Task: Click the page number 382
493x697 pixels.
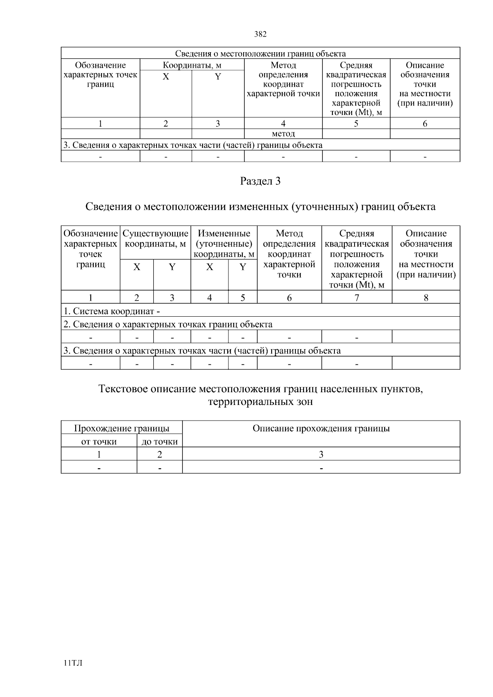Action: [x=260, y=35]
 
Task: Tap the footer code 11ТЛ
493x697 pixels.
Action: [x=74, y=663]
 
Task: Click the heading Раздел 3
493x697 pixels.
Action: [x=260, y=181]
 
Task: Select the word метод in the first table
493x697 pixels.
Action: [x=283, y=134]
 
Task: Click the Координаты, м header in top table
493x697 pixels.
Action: [x=192, y=65]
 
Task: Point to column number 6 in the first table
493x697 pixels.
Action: [x=425, y=124]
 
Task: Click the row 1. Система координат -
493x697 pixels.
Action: [x=112, y=311]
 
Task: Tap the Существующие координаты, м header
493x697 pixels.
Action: [x=155, y=239]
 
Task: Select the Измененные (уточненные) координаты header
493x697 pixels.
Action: [x=224, y=244]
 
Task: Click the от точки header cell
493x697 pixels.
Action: [x=99, y=442]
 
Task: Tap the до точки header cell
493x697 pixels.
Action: [x=159, y=442]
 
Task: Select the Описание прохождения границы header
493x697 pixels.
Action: [x=321, y=429]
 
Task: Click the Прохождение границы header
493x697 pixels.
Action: [x=122, y=429]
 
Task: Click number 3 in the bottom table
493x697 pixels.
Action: [x=321, y=454]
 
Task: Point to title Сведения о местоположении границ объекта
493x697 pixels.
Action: [x=260, y=54]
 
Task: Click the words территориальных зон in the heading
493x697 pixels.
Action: [x=260, y=402]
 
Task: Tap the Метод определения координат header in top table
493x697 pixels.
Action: [x=283, y=80]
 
